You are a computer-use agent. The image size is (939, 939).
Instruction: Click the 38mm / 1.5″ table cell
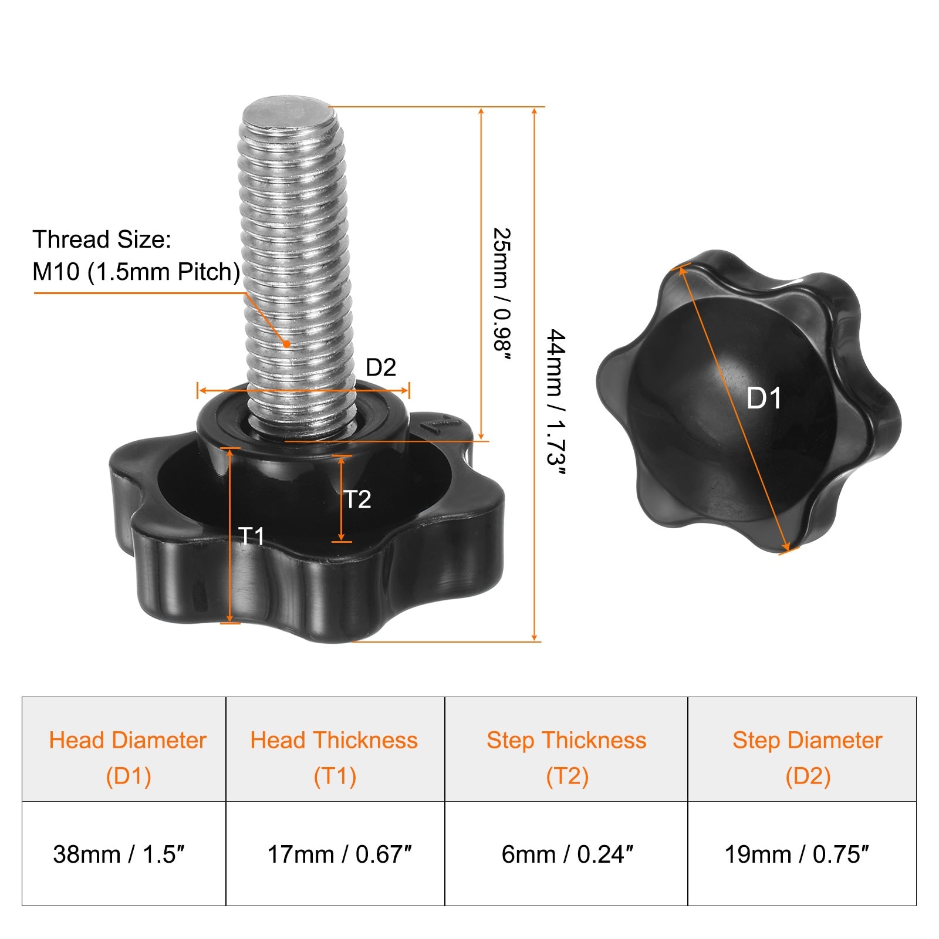tap(124, 853)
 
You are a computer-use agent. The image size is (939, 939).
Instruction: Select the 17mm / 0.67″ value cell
tap(335, 853)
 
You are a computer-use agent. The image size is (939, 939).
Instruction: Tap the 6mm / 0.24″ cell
tap(566, 853)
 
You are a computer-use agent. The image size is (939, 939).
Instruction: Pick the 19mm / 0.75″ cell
tap(802, 853)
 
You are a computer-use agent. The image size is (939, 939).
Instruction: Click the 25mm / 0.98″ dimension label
tap(502, 295)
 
